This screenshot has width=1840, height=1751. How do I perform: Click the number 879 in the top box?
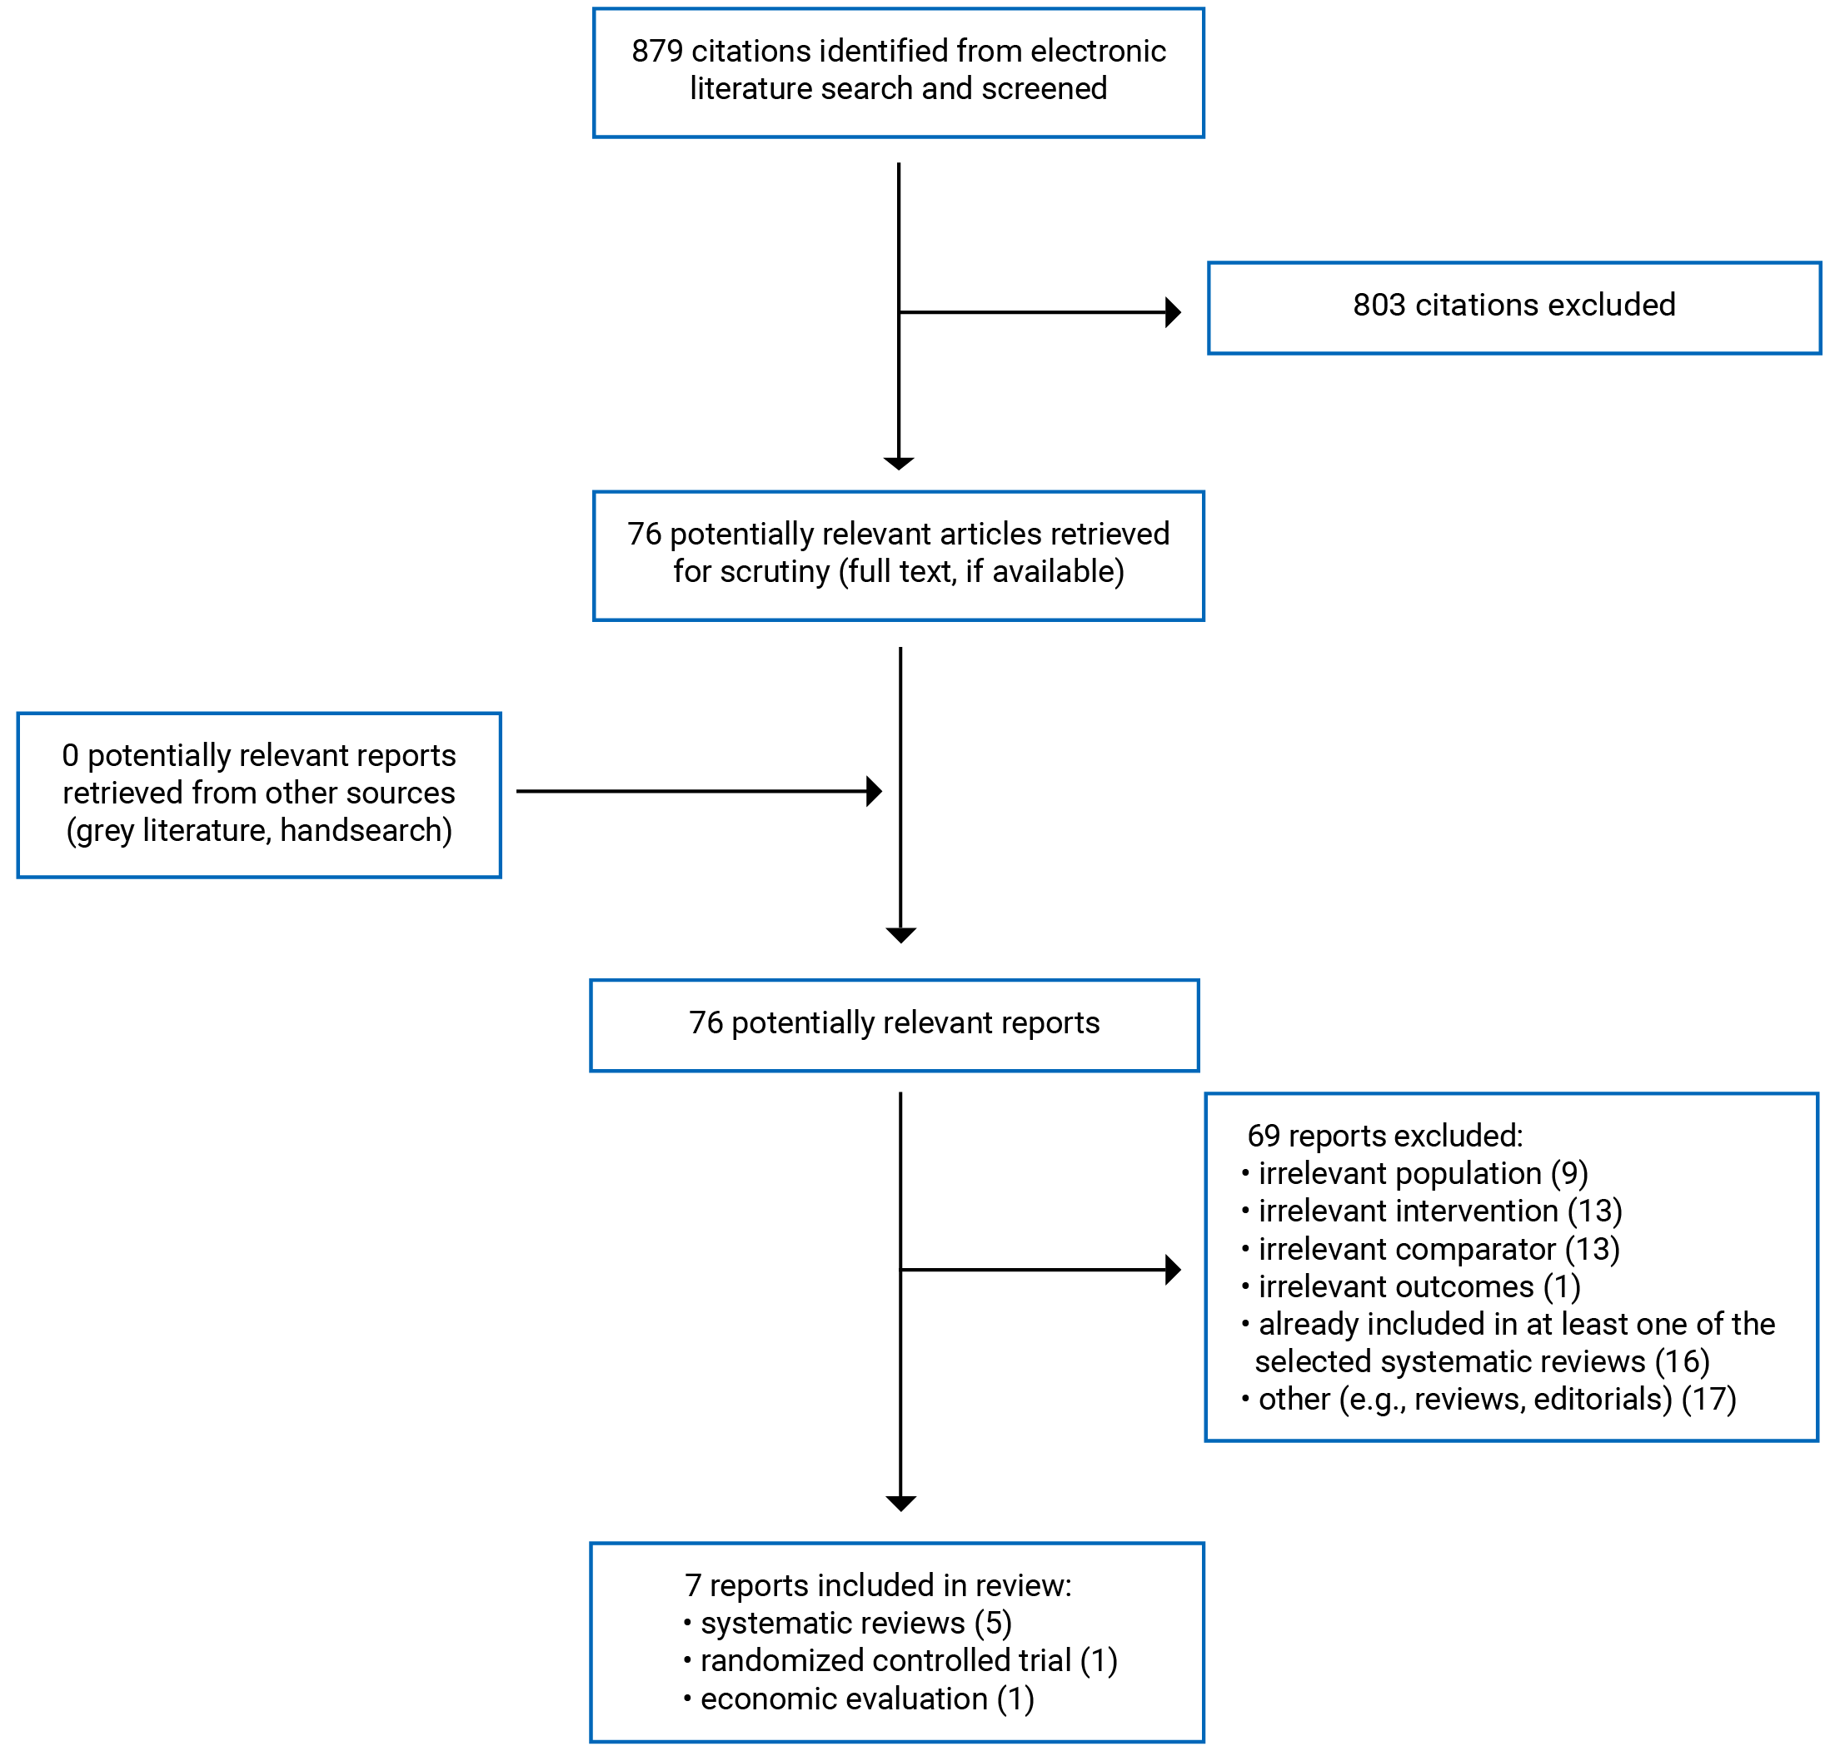click(x=657, y=52)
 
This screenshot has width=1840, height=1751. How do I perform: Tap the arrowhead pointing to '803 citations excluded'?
click(x=1174, y=311)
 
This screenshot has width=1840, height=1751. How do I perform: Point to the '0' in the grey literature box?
click(x=70, y=755)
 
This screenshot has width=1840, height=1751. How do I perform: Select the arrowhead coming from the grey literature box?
click(x=874, y=792)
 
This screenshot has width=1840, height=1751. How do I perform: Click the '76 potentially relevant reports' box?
click(x=894, y=1024)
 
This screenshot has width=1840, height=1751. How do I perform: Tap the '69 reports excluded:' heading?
click(x=1384, y=1136)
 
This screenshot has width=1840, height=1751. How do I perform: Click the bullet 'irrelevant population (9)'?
click(x=1422, y=1173)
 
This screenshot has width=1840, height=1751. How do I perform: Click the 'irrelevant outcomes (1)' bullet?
click(x=1418, y=1287)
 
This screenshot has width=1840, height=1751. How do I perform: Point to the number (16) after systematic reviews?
click(x=1683, y=1362)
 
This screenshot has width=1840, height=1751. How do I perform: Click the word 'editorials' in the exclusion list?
click(x=1602, y=1399)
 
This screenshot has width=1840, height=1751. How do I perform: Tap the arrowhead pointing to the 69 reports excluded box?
click(x=1174, y=1270)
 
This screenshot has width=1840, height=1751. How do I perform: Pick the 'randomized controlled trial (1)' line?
click(x=907, y=1660)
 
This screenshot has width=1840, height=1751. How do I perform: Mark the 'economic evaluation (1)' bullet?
click(x=866, y=1699)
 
